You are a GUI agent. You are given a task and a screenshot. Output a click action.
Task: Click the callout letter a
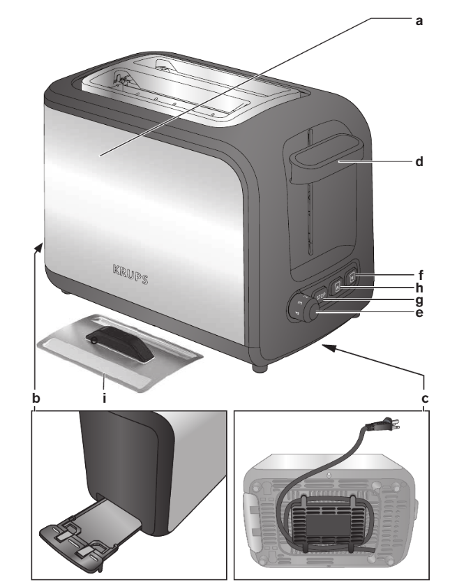tap(419, 20)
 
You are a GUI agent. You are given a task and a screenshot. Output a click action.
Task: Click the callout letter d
tap(419, 161)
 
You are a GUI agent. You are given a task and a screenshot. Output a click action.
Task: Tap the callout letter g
tap(419, 300)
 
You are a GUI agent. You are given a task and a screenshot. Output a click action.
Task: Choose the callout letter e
tap(419, 313)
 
